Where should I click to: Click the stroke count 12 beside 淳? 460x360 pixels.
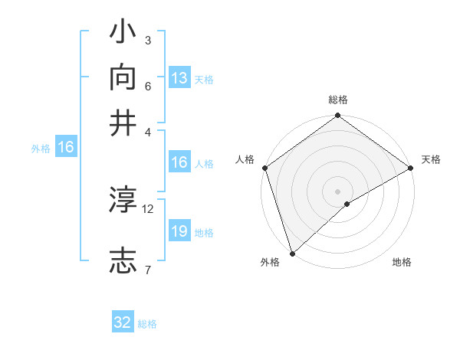(x=148, y=208)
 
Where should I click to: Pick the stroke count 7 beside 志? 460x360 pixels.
(x=147, y=269)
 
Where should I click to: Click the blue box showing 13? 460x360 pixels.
(x=179, y=78)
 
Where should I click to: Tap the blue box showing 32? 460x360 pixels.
(x=123, y=322)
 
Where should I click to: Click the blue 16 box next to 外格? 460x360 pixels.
(x=66, y=148)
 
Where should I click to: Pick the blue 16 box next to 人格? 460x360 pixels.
(x=179, y=162)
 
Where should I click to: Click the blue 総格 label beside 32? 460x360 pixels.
(x=147, y=323)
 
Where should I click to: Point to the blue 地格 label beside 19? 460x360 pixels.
(x=204, y=233)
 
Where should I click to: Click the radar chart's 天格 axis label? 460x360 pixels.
(x=431, y=159)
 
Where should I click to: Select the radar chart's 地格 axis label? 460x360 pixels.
(x=402, y=263)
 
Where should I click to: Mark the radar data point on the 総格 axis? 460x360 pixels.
(x=337, y=116)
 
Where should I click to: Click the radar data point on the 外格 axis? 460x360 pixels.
(x=292, y=252)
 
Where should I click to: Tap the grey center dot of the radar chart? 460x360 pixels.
(x=337, y=191)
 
